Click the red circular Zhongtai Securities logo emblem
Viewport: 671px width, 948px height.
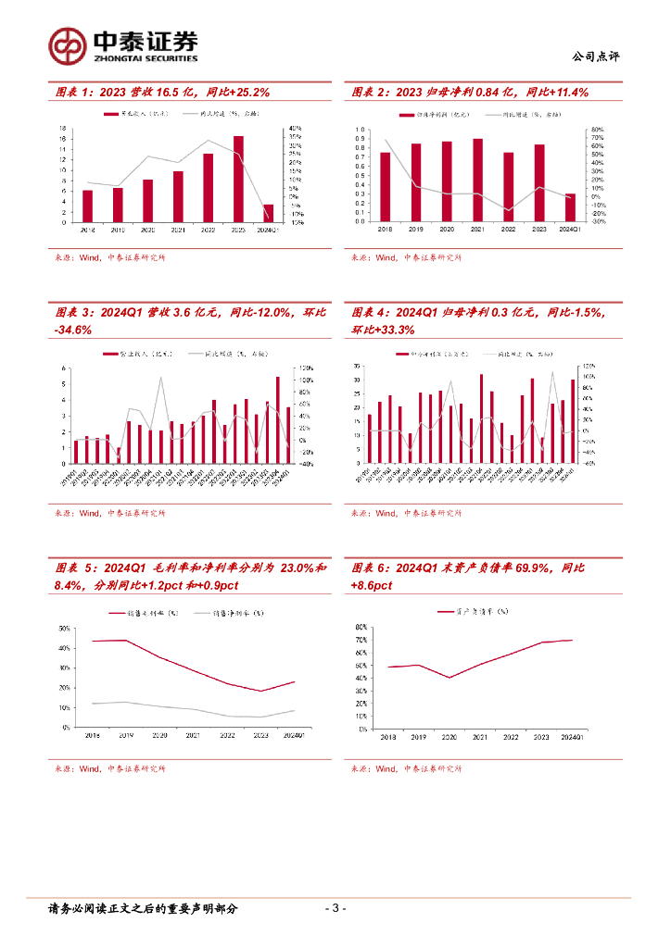click(67, 44)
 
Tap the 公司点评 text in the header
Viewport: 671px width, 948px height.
click(595, 56)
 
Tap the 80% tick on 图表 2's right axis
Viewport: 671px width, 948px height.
click(598, 131)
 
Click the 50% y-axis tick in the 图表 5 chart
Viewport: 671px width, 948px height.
click(64, 628)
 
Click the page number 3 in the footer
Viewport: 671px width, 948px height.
click(336, 908)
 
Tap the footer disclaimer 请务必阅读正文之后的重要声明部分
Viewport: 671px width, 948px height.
click(143, 908)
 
